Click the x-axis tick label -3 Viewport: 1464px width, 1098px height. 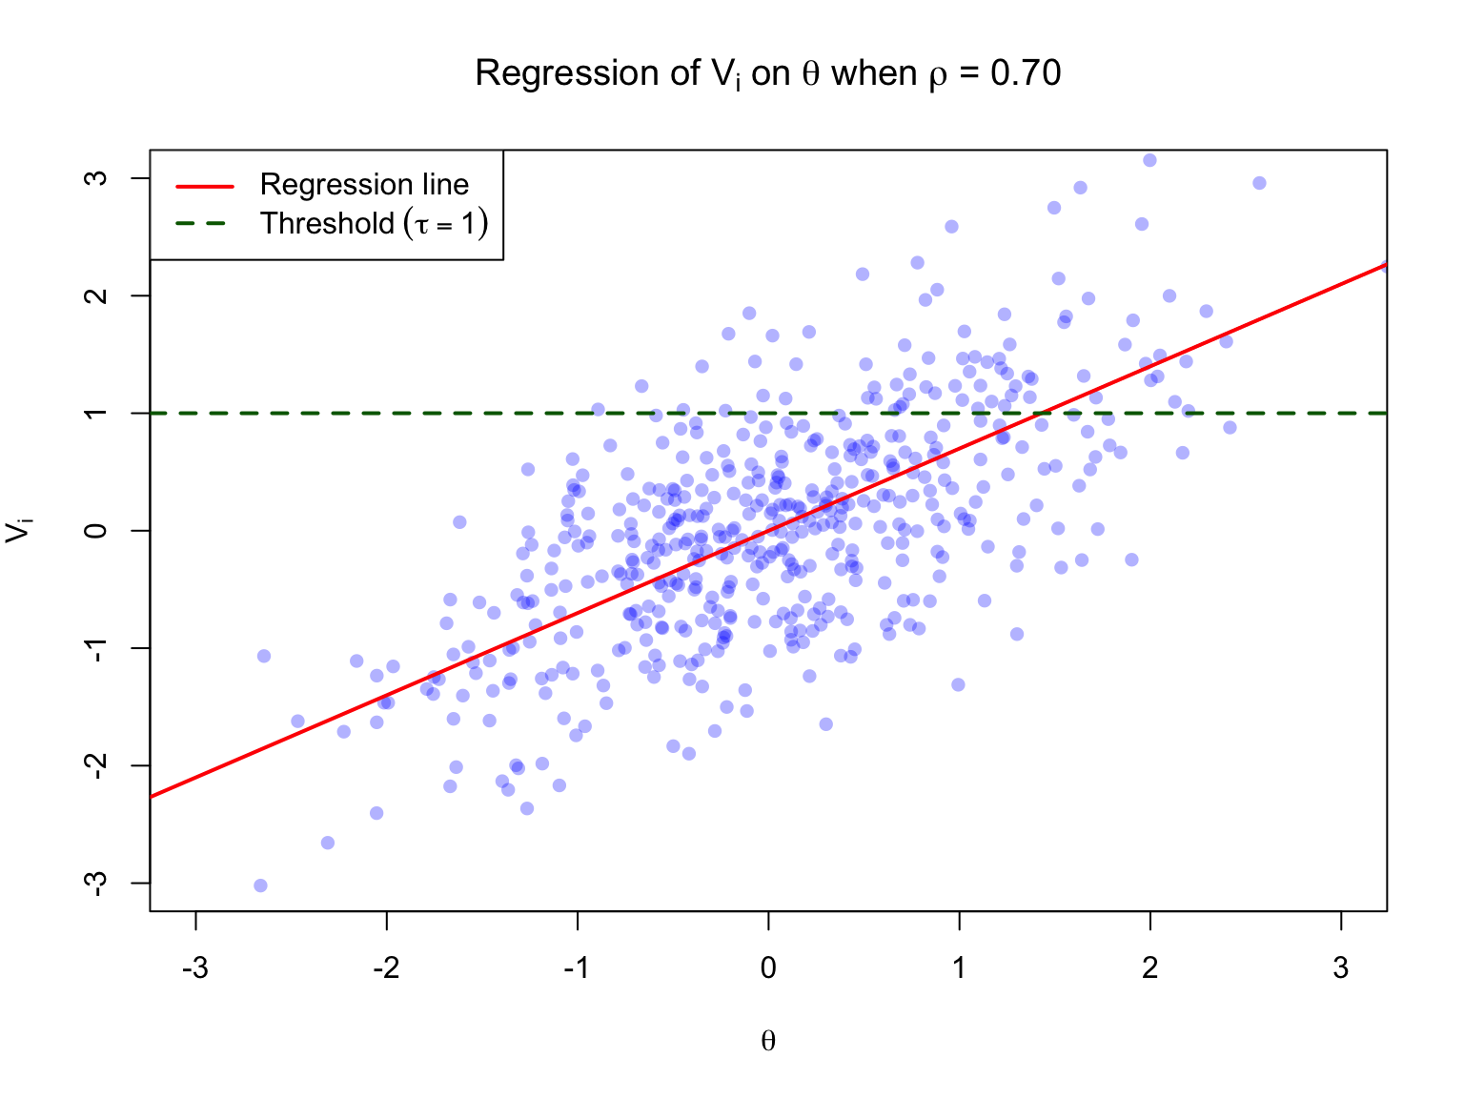coord(194,968)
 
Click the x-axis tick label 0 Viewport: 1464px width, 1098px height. coord(768,968)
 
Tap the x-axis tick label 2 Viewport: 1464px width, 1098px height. coord(1150,968)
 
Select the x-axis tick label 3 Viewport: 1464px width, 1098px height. coord(1341,968)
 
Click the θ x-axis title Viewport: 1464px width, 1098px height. coord(768,1041)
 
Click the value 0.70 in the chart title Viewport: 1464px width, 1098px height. coord(1026,73)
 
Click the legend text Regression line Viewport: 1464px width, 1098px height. coord(364,185)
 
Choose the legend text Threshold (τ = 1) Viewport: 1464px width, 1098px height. coord(374,224)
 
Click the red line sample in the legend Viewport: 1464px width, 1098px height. coord(204,186)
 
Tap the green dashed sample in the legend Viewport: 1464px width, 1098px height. coord(204,224)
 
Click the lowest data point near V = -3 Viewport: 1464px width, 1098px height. coord(260,885)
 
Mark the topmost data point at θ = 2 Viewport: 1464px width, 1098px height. coord(1149,160)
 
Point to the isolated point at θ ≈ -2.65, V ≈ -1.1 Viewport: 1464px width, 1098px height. coord(264,656)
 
